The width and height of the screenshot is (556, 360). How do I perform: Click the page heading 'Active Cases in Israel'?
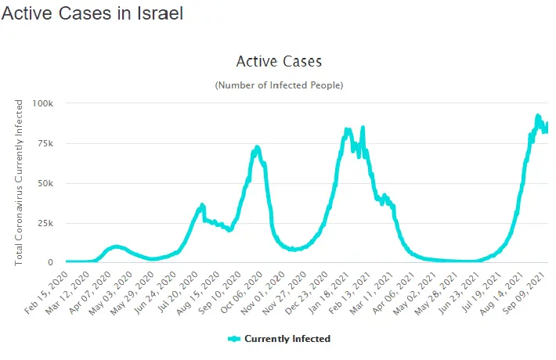[92, 14]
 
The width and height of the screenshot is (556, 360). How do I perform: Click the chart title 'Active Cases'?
[279, 61]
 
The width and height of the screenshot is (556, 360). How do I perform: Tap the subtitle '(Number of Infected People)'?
[279, 85]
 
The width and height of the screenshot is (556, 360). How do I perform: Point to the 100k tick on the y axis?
[43, 103]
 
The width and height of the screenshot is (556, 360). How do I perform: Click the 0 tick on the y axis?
[51, 263]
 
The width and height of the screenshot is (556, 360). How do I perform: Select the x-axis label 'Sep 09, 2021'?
[529, 291]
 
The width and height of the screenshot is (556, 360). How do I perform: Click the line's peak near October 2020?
[257, 147]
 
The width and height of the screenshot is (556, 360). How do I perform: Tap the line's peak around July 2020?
[202, 205]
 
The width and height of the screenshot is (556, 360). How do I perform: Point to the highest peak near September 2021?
[538, 116]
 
